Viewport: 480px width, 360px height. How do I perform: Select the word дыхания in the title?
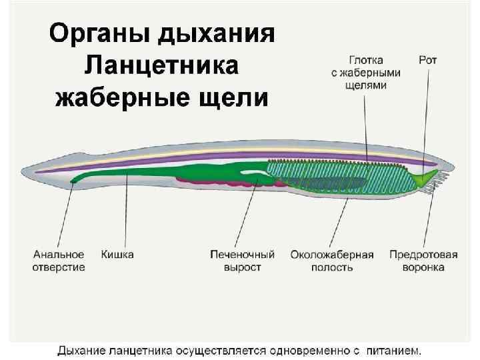tap(221, 35)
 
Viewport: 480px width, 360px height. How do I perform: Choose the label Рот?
tap(428, 60)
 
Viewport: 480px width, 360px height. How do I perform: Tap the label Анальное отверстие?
tap(59, 261)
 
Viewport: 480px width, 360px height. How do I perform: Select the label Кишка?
tap(117, 255)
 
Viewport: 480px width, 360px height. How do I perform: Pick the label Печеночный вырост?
tap(242, 261)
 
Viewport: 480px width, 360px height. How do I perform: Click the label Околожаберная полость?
tap(331, 261)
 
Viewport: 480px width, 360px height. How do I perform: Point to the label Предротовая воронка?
tap(423, 261)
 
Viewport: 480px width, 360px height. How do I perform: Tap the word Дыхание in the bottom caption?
tap(80, 349)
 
